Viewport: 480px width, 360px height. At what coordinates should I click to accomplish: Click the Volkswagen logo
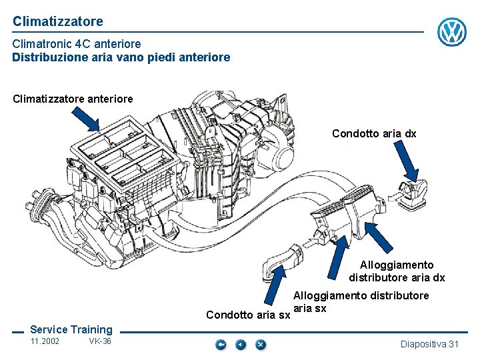coord(452,32)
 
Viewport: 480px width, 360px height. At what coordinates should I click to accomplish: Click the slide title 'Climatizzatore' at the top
coord(58,21)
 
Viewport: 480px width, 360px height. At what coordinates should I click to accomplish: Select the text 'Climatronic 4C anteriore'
coord(77,43)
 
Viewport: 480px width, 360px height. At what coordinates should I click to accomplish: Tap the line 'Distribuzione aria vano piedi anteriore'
coord(121,57)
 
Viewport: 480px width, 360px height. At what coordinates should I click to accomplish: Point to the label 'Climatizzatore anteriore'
coord(73,99)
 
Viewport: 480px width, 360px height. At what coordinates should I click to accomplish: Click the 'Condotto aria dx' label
coord(374,133)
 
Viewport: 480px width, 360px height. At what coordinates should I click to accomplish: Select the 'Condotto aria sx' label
coord(248,315)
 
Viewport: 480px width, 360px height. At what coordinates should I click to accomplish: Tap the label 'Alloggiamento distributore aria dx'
coord(397,271)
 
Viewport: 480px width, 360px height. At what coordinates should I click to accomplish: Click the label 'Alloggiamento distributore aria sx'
coord(361,301)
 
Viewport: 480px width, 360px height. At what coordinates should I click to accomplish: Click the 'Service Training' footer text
coord(71,329)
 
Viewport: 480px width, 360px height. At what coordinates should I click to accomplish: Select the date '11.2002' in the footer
coord(45,342)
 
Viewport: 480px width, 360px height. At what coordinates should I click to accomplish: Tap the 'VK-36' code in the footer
coord(100,342)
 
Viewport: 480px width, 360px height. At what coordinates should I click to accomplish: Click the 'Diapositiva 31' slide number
coord(430,343)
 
